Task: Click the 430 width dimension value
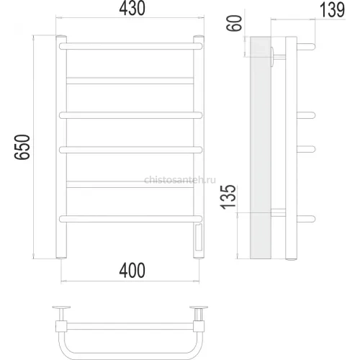(x=132, y=8)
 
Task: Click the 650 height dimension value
(x=22, y=147)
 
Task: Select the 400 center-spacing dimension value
(x=132, y=270)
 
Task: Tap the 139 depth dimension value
(x=332, y=9)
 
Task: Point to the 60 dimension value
(x=234, y=23)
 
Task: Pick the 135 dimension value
(x=228, y=197)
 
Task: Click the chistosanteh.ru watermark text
(x=180, y=179)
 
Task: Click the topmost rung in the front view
(x=131, y=46)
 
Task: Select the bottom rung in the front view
(x=131, y=219)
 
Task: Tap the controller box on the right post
(x=199, y=237)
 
